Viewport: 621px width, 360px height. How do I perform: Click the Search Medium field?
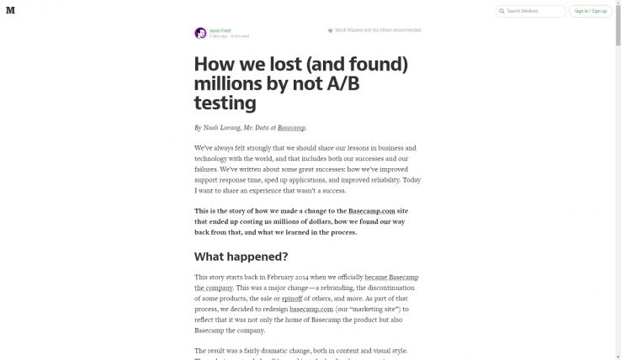[534, 12]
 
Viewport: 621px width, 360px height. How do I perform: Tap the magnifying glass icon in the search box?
[502, 12]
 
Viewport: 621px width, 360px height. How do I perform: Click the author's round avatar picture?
[200, 34]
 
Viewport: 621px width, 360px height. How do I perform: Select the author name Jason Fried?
[220, 30]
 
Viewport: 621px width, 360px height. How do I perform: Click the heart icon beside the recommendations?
[331, 30]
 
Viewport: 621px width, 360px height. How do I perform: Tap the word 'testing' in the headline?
[225, 103]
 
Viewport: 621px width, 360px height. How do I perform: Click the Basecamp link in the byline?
[291, 128]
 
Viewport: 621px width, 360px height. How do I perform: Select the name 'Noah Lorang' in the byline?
[221, 128]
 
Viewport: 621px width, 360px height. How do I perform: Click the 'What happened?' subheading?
[241, 257]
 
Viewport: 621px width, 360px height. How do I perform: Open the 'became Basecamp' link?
[391, 277]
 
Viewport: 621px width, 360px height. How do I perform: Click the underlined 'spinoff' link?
[292, 299]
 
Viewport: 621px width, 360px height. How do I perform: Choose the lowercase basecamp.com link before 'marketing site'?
[300, 309]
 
